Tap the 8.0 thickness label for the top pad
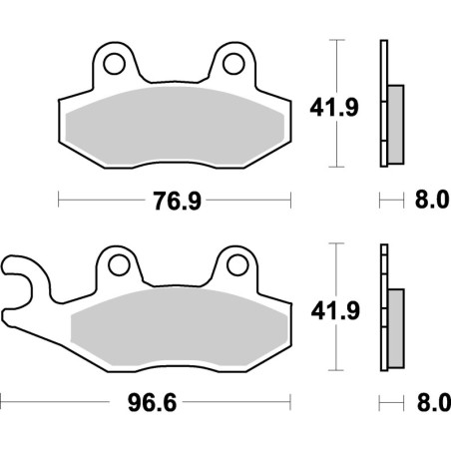pos(425,202)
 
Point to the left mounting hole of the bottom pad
pos(120,264)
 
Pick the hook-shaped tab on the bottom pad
pos(20,274)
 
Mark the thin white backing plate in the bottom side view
pos(383,304)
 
